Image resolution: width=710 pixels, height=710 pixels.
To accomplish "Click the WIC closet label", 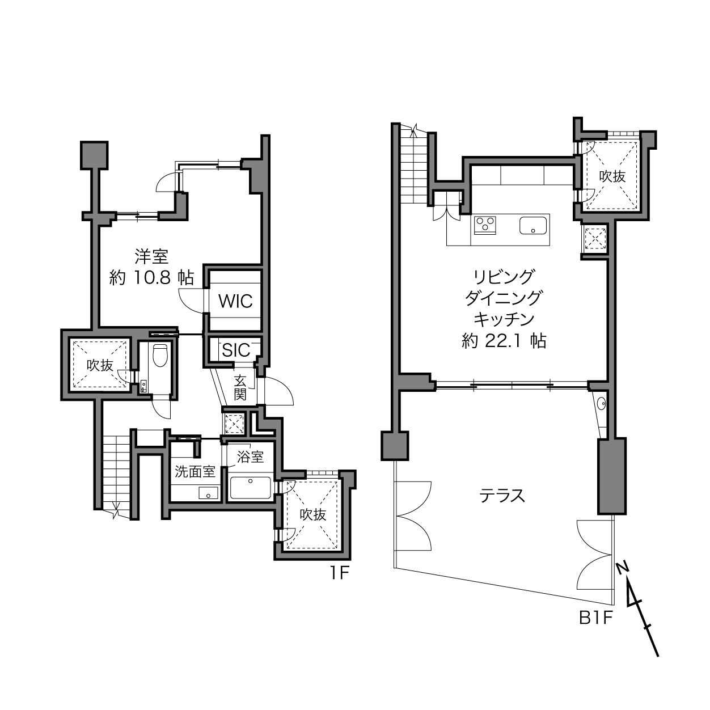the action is (235, 301).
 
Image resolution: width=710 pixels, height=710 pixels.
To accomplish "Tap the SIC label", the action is (236, 350).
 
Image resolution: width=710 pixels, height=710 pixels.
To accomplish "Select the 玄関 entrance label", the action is (240, 387).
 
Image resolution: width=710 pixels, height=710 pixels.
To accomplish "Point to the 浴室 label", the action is (250, 457).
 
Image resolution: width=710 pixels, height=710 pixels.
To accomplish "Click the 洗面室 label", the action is (195, 472).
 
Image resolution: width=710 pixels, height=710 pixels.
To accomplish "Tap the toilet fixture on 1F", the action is (160, 355).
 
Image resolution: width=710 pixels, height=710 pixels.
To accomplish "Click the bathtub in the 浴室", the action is (251, 488).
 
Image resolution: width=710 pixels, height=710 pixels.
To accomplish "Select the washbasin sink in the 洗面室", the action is (208, 493).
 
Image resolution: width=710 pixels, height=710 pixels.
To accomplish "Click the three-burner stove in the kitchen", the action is (485, 225).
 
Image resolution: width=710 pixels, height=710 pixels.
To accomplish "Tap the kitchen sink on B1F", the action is (532, 226).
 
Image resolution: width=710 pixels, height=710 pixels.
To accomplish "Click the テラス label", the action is (502, 496).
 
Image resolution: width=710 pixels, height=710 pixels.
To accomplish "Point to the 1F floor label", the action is (339, 573).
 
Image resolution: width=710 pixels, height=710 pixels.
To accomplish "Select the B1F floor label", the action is (596, 618).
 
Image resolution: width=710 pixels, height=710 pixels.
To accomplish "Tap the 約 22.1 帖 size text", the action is (504, 341).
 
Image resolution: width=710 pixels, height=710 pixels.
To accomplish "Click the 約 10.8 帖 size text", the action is (151, 277).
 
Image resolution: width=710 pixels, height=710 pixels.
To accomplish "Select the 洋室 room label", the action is (151, 256).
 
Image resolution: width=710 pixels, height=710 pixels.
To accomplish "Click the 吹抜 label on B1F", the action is (612, 176).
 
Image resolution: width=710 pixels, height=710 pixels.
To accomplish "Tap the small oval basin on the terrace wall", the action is (601, 403).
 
